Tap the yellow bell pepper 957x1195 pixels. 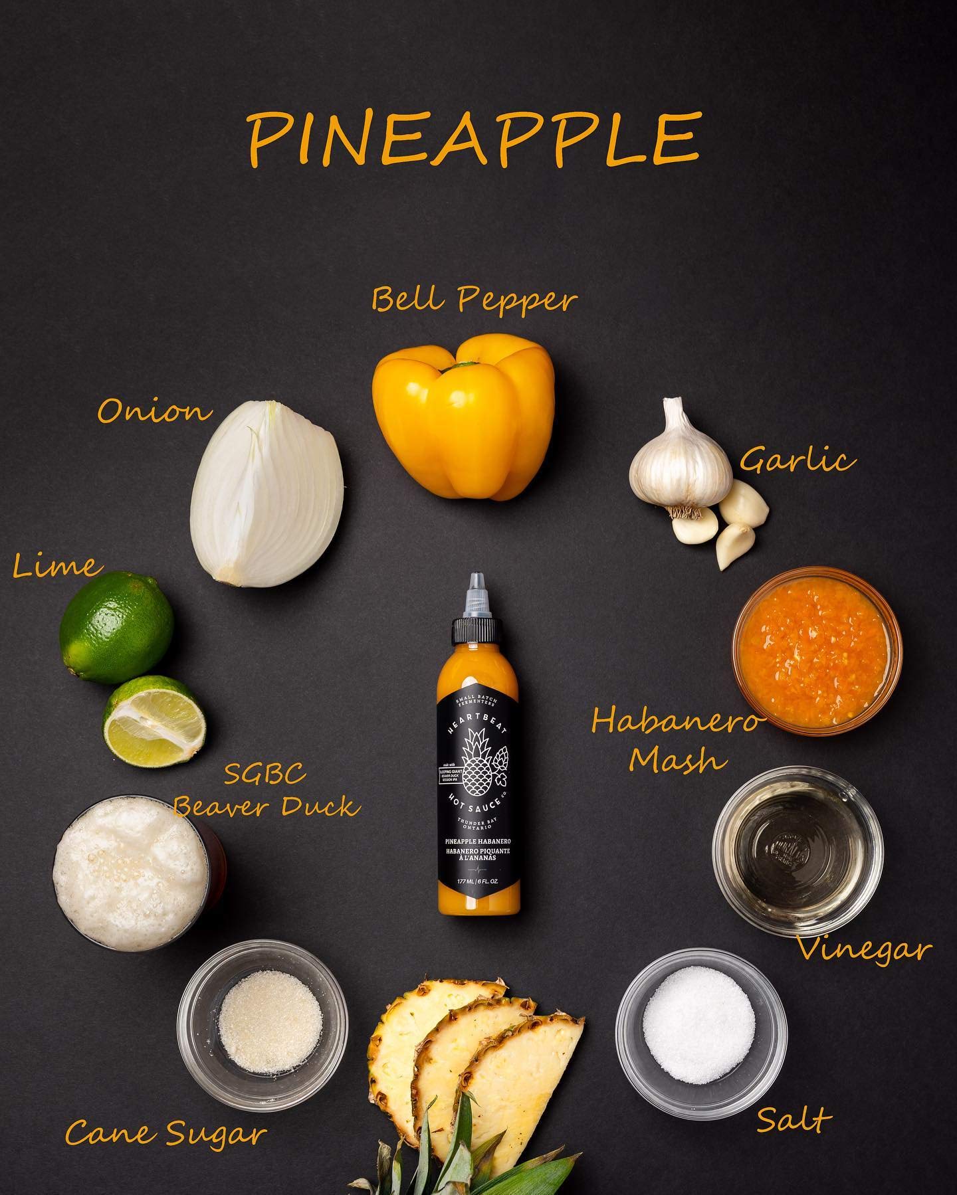pos(464,416)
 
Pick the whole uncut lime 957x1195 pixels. pos(116,628)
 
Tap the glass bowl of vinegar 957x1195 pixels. pos(797,841)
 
